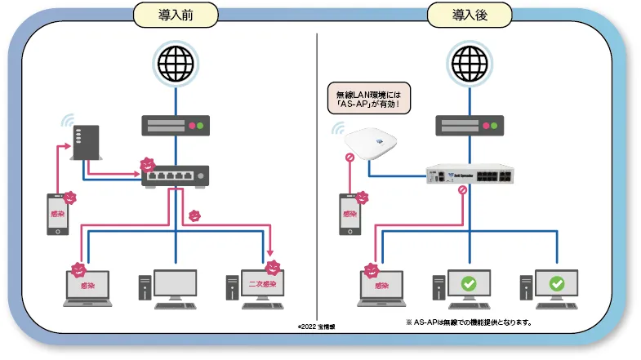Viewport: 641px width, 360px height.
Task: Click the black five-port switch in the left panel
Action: pyautogui.click(x=174, y=176)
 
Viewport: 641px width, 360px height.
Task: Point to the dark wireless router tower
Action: pyautogui.click(x=86, y=143)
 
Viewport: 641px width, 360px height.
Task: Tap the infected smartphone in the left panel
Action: pyautogui.click(x=56, y=215)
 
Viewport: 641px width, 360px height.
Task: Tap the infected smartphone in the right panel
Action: pyautogui.click(x=350, y=215)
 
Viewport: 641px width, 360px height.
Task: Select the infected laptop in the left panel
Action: pyautogui.click(x=87, y=288)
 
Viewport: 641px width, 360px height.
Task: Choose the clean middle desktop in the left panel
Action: pyautogui.click(x=171, y=287)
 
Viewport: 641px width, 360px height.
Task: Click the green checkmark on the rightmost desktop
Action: pyautogui.click(x=557, y=283)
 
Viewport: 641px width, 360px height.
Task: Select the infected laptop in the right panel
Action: pyautogui.click(x=381, y=288)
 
